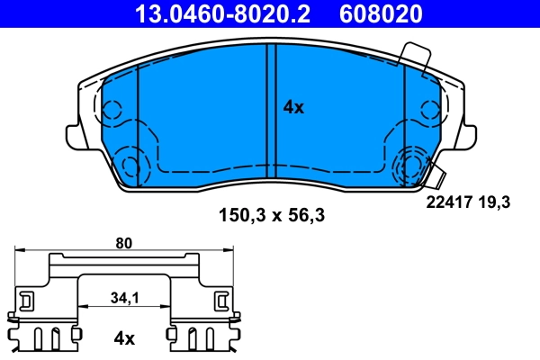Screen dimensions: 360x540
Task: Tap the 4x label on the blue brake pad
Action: (293, 107)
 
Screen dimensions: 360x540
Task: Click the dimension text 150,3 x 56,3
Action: (270, 215)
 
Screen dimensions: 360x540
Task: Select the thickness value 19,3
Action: (496, 203)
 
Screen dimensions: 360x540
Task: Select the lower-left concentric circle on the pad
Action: (131, 166)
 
